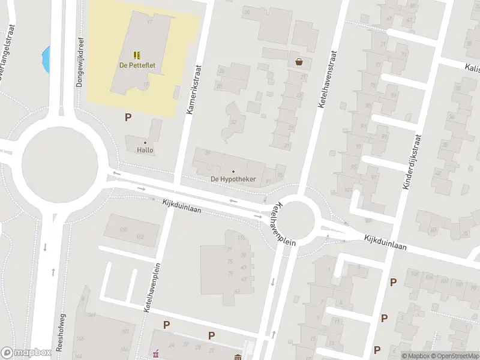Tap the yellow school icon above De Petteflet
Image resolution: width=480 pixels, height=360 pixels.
(136, 55)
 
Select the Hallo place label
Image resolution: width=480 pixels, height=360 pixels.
(145, 150)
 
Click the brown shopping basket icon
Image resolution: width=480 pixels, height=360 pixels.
(299, 61)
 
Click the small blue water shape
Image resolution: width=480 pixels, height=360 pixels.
(46, 58)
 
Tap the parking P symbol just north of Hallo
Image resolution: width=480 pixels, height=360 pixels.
(128, 118)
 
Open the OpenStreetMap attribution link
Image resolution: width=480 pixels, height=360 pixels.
(454, 356)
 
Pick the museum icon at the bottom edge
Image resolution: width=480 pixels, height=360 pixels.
(238, 358)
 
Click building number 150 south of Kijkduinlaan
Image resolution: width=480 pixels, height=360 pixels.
(124, 230)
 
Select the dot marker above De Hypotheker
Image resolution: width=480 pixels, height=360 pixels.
(233, 172)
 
